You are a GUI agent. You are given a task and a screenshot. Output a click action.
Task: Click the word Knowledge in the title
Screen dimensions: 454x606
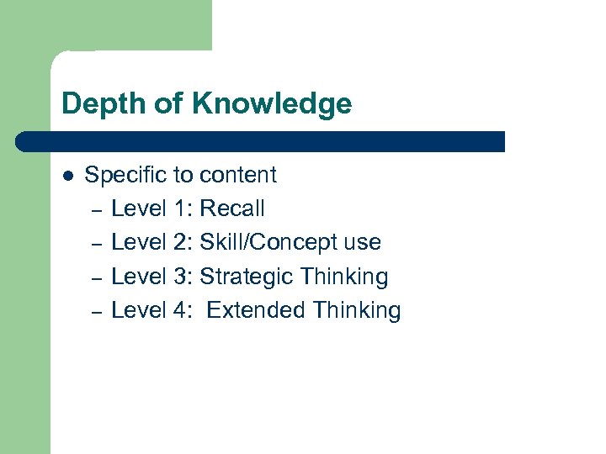[x=272, y=104]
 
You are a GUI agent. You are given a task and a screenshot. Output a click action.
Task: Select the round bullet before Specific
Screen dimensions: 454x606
[x=69, y=176]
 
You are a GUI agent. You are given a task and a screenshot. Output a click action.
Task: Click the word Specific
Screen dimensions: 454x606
[x=126, y=176]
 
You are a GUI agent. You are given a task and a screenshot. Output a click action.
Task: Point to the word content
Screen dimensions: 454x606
[x=237, y=175]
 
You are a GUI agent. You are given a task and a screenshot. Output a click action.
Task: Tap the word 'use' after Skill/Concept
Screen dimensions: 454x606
[x=363, y=243]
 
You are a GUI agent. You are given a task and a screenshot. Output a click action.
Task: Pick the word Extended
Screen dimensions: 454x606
[x=256, y=310]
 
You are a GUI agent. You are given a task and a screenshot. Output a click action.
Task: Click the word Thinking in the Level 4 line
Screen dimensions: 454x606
[x=357, y=310]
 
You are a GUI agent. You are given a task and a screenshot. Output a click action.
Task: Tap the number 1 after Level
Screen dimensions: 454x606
[x=183, y=209]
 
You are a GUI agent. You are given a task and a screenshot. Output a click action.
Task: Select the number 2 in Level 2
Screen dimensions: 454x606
[x=184, y=243]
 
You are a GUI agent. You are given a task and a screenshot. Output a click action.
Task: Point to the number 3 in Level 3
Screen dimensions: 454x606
[x=184, y=277]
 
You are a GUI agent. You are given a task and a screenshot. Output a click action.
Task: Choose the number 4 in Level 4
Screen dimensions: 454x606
[x=184, y=310]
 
